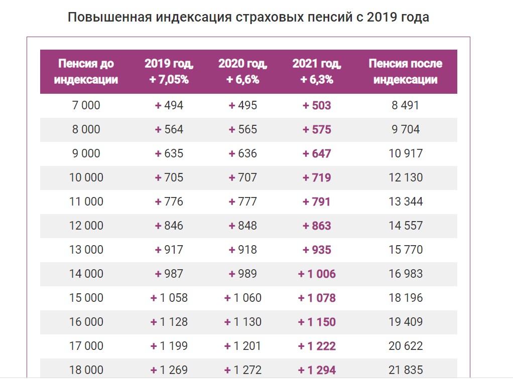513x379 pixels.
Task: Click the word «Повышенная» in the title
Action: point(109,17)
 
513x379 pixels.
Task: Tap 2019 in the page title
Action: point(380,17)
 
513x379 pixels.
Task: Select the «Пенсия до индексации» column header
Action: point(86,71)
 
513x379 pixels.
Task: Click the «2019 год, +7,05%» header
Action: point(169,71)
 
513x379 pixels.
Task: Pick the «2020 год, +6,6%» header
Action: point(243,71)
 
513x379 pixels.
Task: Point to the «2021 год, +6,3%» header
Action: point(317,71)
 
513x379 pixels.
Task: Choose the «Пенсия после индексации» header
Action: point(406,71)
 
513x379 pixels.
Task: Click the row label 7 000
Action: point(86,105)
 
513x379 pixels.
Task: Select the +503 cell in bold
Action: point(317,105)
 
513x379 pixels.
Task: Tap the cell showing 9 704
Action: point(406,129)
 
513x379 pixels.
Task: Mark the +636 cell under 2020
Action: point(243,153)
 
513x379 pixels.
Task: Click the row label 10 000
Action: point(86,177)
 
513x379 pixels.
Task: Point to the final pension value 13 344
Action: point(406,201)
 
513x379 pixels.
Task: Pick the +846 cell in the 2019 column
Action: point(169,226)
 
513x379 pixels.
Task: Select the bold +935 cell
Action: point(317,250)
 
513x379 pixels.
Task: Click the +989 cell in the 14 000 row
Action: point(243,273)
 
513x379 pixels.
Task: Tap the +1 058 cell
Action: point(169,298)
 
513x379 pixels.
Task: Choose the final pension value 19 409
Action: point(406,322)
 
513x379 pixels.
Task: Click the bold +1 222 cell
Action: point(317,346)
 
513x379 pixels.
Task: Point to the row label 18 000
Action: point(86,370)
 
